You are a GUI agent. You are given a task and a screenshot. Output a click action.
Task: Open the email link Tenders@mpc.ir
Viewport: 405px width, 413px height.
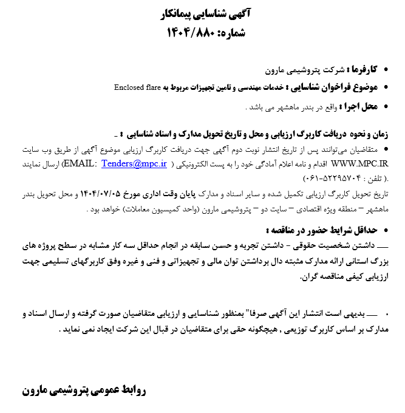click(x=129, y=164)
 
